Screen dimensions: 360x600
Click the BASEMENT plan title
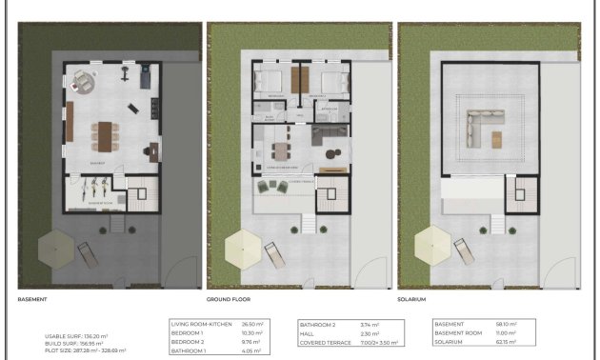(33, 298)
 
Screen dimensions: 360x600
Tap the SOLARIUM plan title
(415, 298)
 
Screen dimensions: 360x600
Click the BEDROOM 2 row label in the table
(188, 341)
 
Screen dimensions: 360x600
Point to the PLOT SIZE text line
(85, 350)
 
